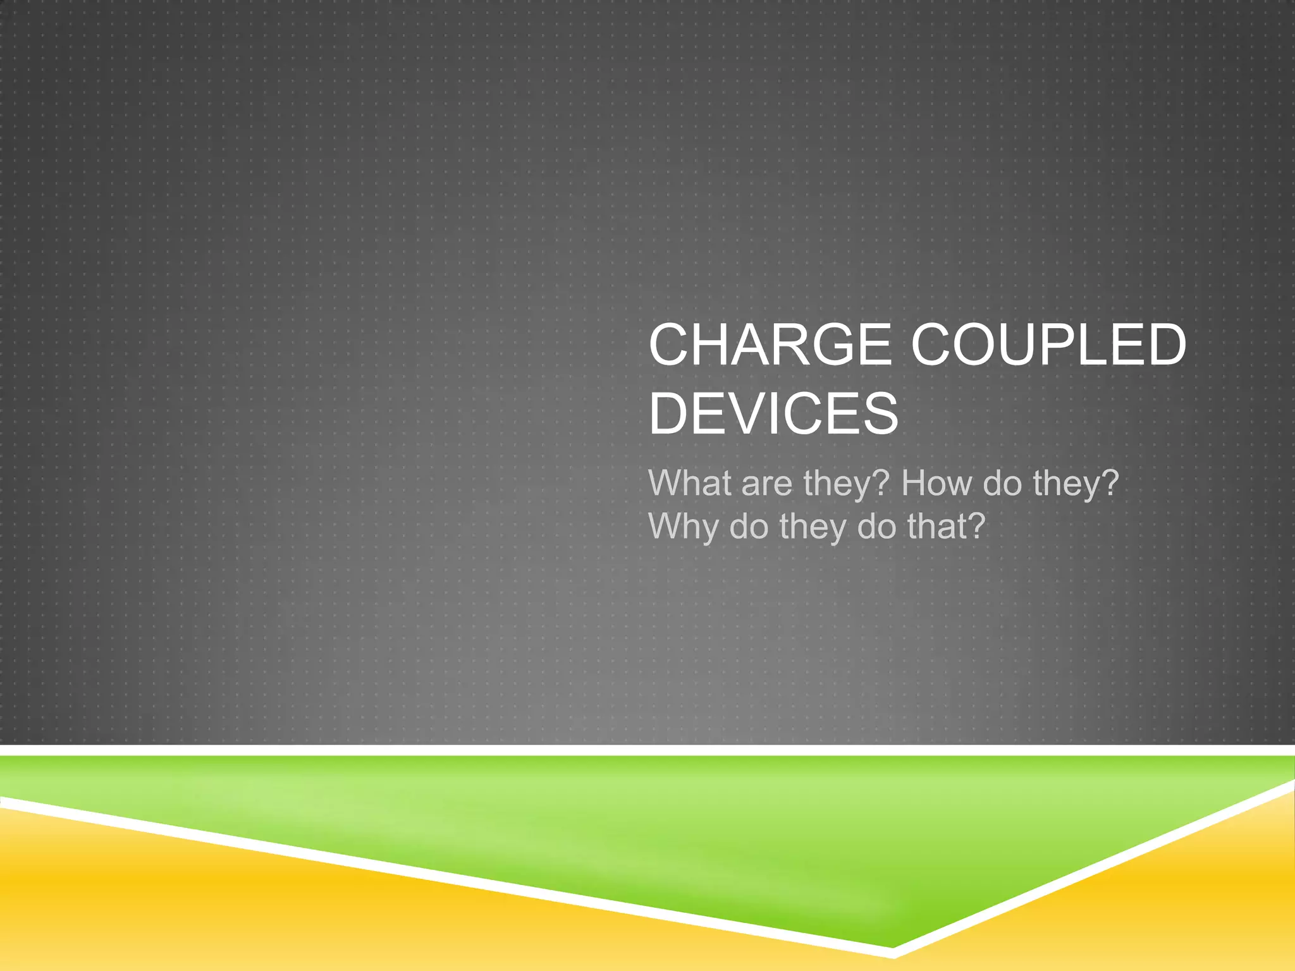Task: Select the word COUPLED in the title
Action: pyautogui.click(x=1048, y=345)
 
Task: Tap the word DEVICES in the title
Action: pyautogui.click(x=773, y=414)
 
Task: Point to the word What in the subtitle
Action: pyautogui.click(x=689, y=483)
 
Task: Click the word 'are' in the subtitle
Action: pyautogui.click(x=766, y=484)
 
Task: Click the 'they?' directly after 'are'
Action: pyautogui.click(x=846, y=484)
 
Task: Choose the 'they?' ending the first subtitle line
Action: pyautogui.click(x=1076, y=484)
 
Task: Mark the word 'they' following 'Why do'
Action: pyautogui.click(x=812, y=527)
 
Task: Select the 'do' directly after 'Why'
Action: pyautogui.click(x=749, y=527)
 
